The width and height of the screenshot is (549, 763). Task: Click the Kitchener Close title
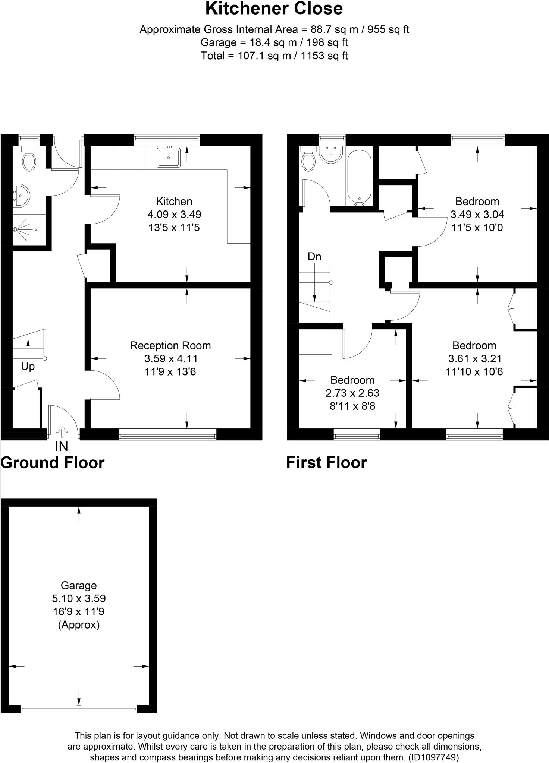pos(274,9)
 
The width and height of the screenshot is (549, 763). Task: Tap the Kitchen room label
pos(174,202)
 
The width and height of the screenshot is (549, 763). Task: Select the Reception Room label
pos(170,346)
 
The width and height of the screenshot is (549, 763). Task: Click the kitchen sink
pos(169,157)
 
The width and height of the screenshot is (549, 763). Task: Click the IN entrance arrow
pos(62,432)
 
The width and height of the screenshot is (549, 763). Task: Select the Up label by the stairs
pos(28,367)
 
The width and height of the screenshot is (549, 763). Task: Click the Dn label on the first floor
pos(314,257)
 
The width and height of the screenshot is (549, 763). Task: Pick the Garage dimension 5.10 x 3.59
pos(79,599)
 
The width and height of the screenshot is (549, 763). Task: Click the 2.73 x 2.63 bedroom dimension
pos(352,393)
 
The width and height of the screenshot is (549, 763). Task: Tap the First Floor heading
pos(326,463)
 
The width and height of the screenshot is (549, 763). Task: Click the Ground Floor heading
pos(53,463)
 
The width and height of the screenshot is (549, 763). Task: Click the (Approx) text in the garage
pos(79,625)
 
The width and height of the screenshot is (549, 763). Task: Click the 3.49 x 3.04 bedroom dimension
pos(477,215)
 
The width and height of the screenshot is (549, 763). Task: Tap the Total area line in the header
pos(274,56)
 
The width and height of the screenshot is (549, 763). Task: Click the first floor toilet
pos(308,159)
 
